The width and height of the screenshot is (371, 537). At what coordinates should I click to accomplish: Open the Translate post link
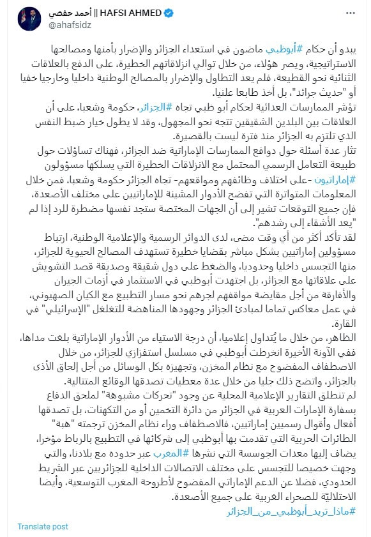pyautogui.click(x=43, y=526)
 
